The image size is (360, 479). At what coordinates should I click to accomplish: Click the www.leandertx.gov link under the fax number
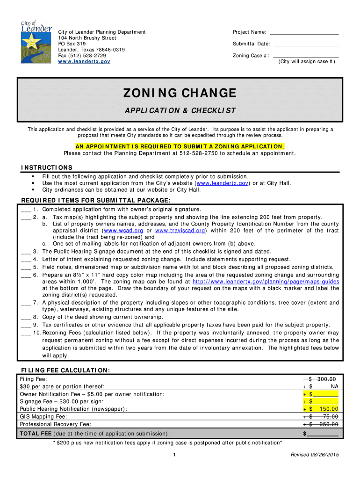pyautogui.click(x=84, y=62)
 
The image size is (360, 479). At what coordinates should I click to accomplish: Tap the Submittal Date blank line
pyautogui.click(x=306, y=44)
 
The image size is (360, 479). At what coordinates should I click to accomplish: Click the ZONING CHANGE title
pyautogui.click(x=180, y=93)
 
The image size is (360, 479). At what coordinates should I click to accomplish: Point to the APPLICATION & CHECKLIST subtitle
pyautogui.click(x=180, y=111)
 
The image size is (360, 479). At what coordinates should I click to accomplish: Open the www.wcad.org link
pyautogui.click(x=123, y=231)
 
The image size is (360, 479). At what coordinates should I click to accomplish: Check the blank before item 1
pyautogui.click(x=26, y=210)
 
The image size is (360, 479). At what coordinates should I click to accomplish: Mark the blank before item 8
pyautogui.click(x=26, y=317)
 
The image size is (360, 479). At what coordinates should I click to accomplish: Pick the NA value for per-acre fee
pyautogui.click(x=334, y=386)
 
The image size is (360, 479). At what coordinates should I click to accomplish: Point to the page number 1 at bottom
pyautogui.click(x=173, y=455)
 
